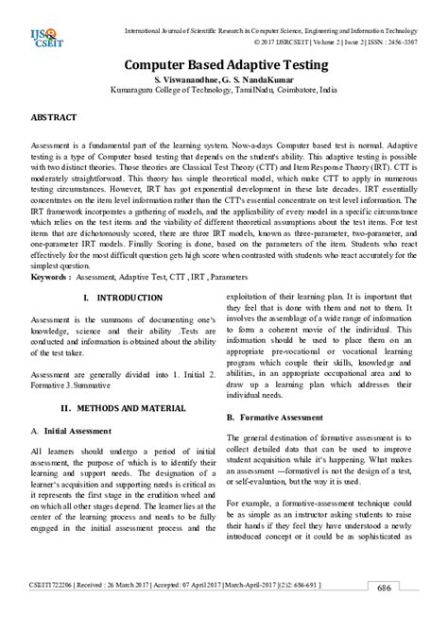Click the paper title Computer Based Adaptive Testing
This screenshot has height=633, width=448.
pos(223,65)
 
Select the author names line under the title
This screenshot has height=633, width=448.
pos(223,81)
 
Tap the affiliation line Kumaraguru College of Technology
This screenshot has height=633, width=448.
pos(223,94)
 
